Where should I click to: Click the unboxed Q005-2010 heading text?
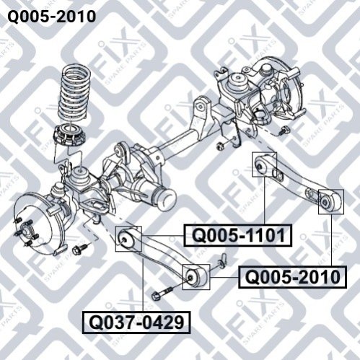52,17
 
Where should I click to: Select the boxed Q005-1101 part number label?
238,235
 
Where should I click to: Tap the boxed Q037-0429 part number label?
136,322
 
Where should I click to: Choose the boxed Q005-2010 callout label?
292,277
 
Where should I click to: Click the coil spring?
74,95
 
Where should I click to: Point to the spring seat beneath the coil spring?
70,135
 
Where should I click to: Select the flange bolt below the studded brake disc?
80,249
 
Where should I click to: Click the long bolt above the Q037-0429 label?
162,291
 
